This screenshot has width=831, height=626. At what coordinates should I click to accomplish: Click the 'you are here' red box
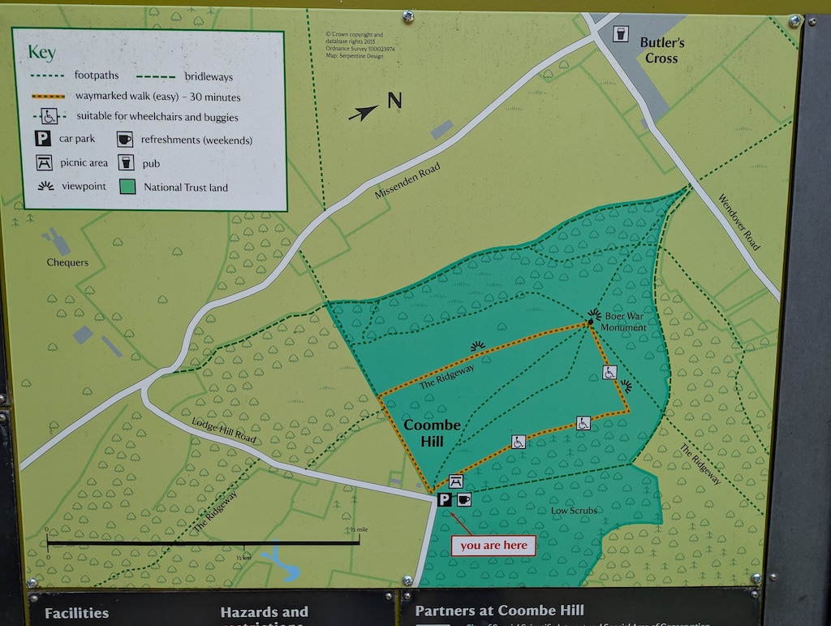493,546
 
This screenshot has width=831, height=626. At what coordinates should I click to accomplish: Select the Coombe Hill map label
432,432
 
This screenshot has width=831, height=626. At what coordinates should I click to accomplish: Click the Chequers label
67,262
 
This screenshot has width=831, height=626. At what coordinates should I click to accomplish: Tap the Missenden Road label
407,180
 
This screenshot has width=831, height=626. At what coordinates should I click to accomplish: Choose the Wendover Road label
739,222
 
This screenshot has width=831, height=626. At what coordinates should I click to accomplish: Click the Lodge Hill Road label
224,432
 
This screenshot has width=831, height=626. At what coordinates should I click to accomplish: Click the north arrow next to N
364,113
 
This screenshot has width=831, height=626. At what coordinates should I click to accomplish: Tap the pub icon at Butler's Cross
622,34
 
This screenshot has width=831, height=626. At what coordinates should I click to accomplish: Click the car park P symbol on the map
445,499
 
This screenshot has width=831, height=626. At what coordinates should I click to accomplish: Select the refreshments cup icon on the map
463,499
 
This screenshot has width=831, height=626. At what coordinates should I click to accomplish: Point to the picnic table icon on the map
456,481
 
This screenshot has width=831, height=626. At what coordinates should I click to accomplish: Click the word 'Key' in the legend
41,53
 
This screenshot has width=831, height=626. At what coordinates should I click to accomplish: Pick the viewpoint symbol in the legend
46,186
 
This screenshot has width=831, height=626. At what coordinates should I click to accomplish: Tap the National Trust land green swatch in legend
127,186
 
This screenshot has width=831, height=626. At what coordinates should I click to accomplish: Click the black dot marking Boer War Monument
591,322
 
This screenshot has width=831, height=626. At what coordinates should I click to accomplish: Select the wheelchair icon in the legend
48,115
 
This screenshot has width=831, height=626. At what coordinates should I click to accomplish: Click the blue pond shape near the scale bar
279,561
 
